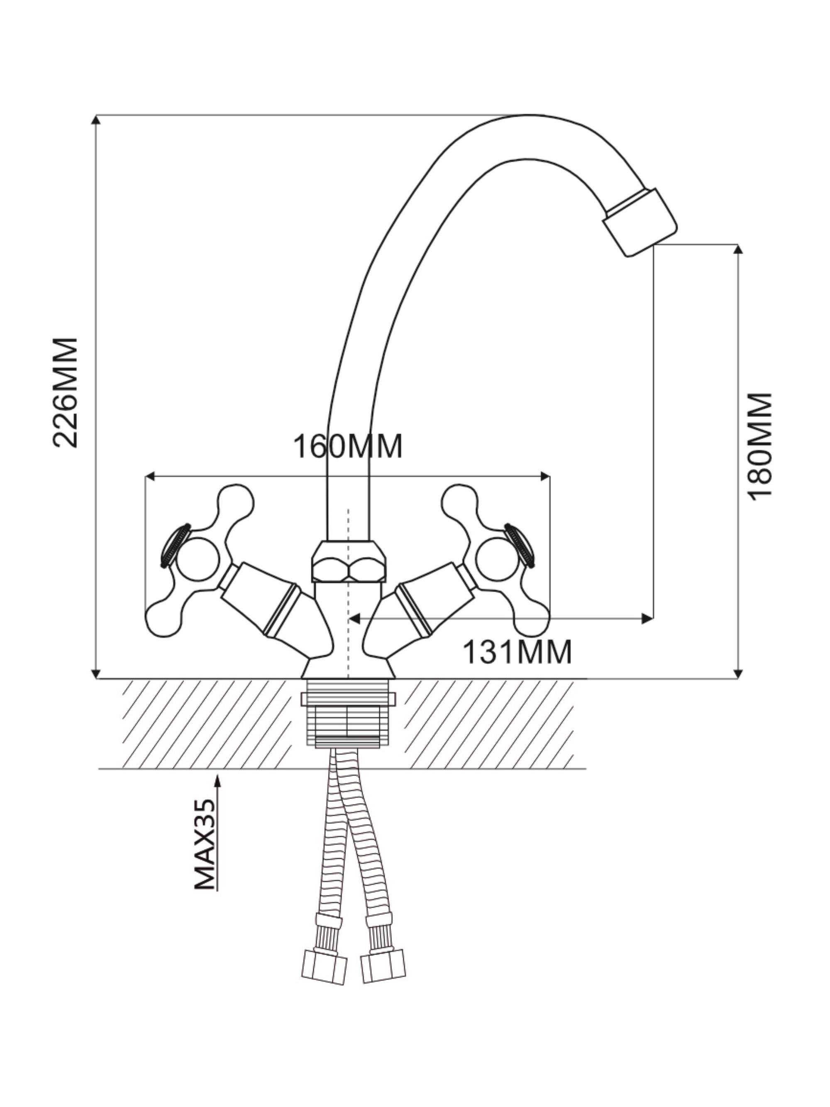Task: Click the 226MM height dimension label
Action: (x=66, y=393)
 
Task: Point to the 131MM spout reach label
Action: (x=517, y=652)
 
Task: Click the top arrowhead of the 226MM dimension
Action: (x=96, y=119)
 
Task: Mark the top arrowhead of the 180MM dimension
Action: (x=738, y=249)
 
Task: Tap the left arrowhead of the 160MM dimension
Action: (x=149, y=476)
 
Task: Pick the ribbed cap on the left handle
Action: (x=174, y=545)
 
